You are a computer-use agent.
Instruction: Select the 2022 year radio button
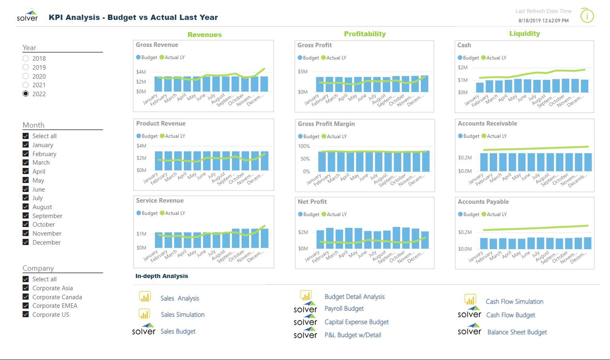click(26, 94)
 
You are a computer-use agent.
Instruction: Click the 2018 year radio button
click(26, 59)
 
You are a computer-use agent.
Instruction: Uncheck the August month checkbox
click(26, 207)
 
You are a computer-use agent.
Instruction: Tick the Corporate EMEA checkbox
click(26, 306)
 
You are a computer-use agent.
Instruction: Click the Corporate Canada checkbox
click(26, 297)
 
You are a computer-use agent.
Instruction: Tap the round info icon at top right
click(587, 16)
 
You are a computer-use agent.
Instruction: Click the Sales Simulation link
click(182, 315)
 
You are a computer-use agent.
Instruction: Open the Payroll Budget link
click(344, 309)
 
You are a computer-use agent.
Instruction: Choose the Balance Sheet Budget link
click(517, 332)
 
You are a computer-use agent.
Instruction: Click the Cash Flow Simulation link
click(514, 302)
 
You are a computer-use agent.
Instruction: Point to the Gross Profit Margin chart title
click(326, 124)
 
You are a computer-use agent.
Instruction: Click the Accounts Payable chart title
click(483, 202)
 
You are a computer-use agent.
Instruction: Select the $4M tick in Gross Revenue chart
click(141, 72)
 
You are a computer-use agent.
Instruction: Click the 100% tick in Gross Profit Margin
click(304, 146)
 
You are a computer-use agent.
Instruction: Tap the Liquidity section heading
click(525, 34)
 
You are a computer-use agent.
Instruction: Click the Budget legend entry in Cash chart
click(468, 58)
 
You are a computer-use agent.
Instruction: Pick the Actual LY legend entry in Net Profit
click(334, 214)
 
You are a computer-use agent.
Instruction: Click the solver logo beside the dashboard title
click(27, 16)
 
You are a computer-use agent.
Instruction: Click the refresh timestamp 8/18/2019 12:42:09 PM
click(543, 21)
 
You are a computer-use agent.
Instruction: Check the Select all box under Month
click(26, 136)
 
